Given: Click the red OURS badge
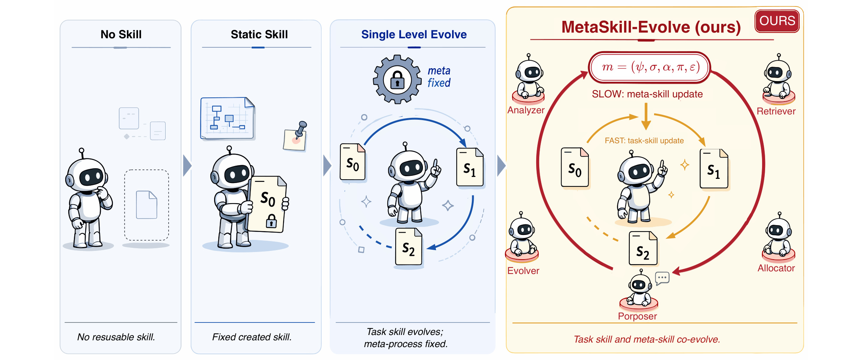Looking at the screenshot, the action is [777, 21].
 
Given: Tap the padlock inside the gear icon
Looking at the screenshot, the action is [397, 80].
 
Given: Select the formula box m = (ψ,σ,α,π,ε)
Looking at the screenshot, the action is [650, 67].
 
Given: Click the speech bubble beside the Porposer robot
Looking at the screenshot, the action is [662, 278].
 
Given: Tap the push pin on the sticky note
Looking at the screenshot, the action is [301, 129].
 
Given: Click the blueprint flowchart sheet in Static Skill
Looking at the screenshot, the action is [228, 118].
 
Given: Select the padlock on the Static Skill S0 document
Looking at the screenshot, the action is [271, 221].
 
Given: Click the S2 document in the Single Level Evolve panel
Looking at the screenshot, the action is [409, 247].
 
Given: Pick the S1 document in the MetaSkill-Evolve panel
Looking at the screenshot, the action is [714, 169].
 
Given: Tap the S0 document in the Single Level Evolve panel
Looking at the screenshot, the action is [353, 162].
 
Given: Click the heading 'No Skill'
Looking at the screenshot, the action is [121, 34].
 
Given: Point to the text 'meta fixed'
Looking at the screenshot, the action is [439, 77].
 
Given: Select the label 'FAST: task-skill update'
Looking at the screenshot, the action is [644, 141].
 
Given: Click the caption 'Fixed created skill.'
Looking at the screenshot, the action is [252, 337].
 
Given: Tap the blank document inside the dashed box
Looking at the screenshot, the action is [147, 205].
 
